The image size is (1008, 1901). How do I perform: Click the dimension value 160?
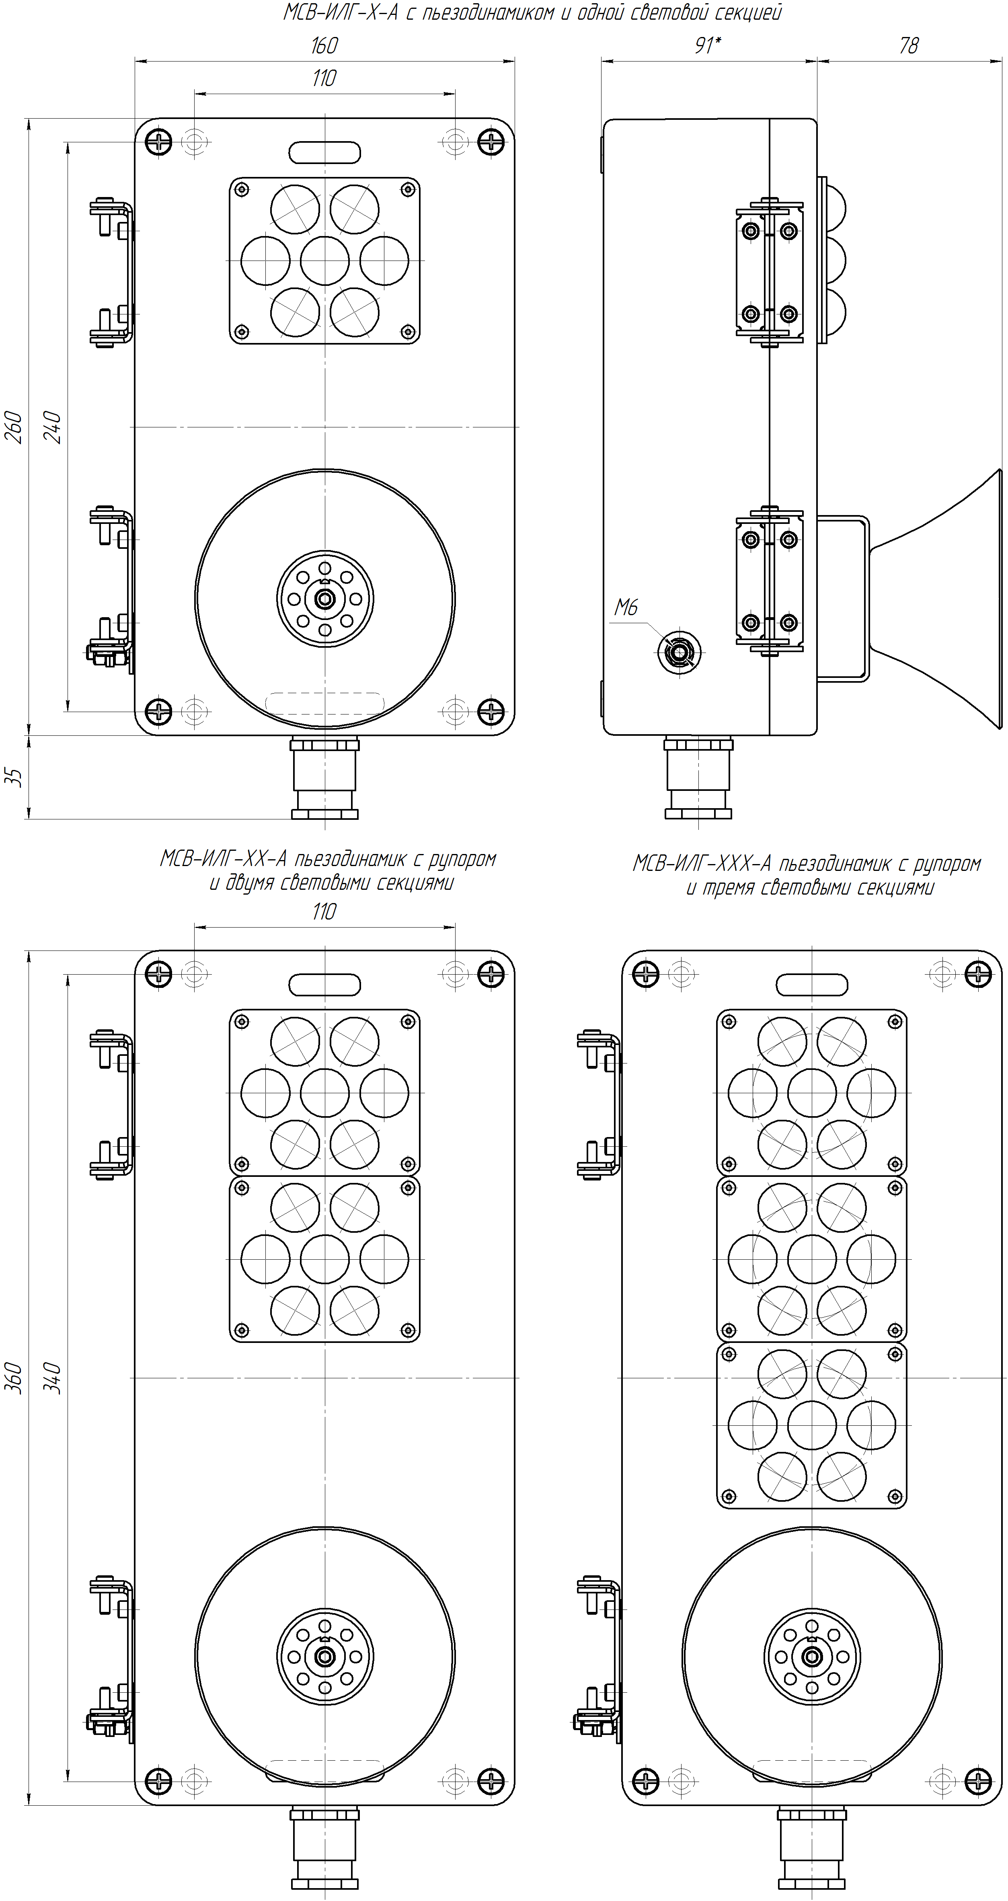tap(324, 46)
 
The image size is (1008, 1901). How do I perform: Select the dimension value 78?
tap(908, 46)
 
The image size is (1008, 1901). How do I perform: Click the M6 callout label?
tap(626, 608)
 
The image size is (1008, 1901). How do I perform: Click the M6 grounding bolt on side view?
tap(678, 652)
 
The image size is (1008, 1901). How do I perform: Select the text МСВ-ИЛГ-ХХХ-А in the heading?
tap(702, 863)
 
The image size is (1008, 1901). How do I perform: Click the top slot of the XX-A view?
tap(325, 984)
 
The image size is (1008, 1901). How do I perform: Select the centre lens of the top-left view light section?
tap(325, 261)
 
